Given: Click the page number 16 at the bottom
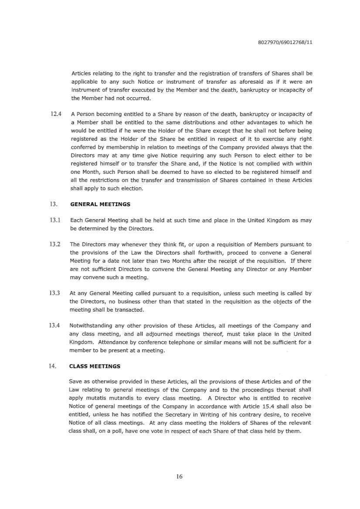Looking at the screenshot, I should pos(179,476).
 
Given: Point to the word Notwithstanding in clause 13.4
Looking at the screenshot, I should pos(91,326).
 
